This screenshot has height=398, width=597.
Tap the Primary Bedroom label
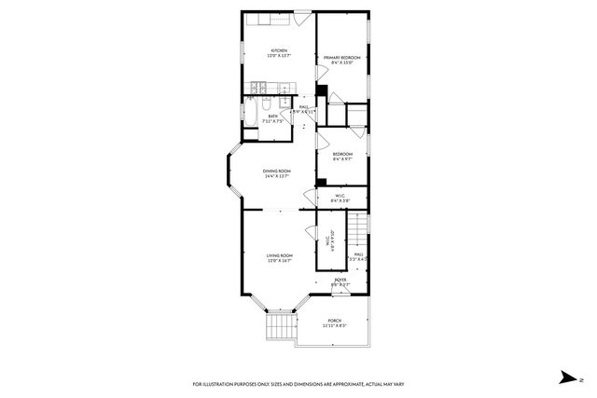pyautogui.click(x=342, y=58)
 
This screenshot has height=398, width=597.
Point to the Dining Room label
pyautogui.click(x=277, y=171)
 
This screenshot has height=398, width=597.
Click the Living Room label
pyautogui.click(x=280, y=255)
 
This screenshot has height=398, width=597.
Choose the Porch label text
pyautogui.click(x=334, y=322)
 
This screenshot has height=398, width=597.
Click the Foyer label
pyautogui.click(x=340, y=280)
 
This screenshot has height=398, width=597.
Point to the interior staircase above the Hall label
pyautogui.click(x=357, y=229)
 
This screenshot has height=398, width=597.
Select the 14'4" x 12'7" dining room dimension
pyautogui.click(x=277, y=176)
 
